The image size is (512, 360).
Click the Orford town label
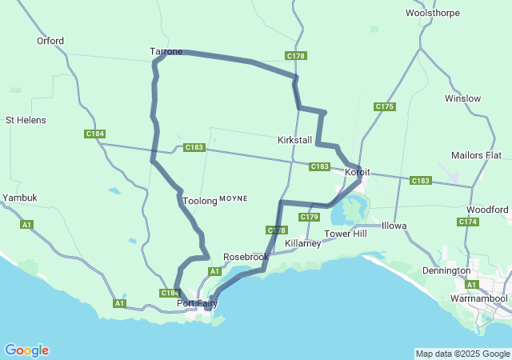50,41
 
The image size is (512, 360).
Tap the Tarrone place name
166,51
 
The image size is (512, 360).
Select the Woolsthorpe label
431,13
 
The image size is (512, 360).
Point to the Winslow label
463,98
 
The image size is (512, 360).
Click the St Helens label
26,120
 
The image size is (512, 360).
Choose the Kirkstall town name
294,140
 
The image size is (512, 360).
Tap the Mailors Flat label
476,154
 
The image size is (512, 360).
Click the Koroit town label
357,172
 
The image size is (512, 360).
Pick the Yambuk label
20,197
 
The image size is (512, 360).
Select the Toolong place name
200,201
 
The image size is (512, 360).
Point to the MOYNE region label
234,198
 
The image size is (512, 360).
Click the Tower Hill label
345,234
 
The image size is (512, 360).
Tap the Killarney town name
303,243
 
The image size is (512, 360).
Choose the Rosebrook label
246,257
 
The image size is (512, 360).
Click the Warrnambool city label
479,298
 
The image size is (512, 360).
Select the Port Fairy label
197,303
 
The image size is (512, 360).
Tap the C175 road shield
385,106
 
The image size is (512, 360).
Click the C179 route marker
310,217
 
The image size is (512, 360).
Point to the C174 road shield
469,222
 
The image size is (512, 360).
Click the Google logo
26,350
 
